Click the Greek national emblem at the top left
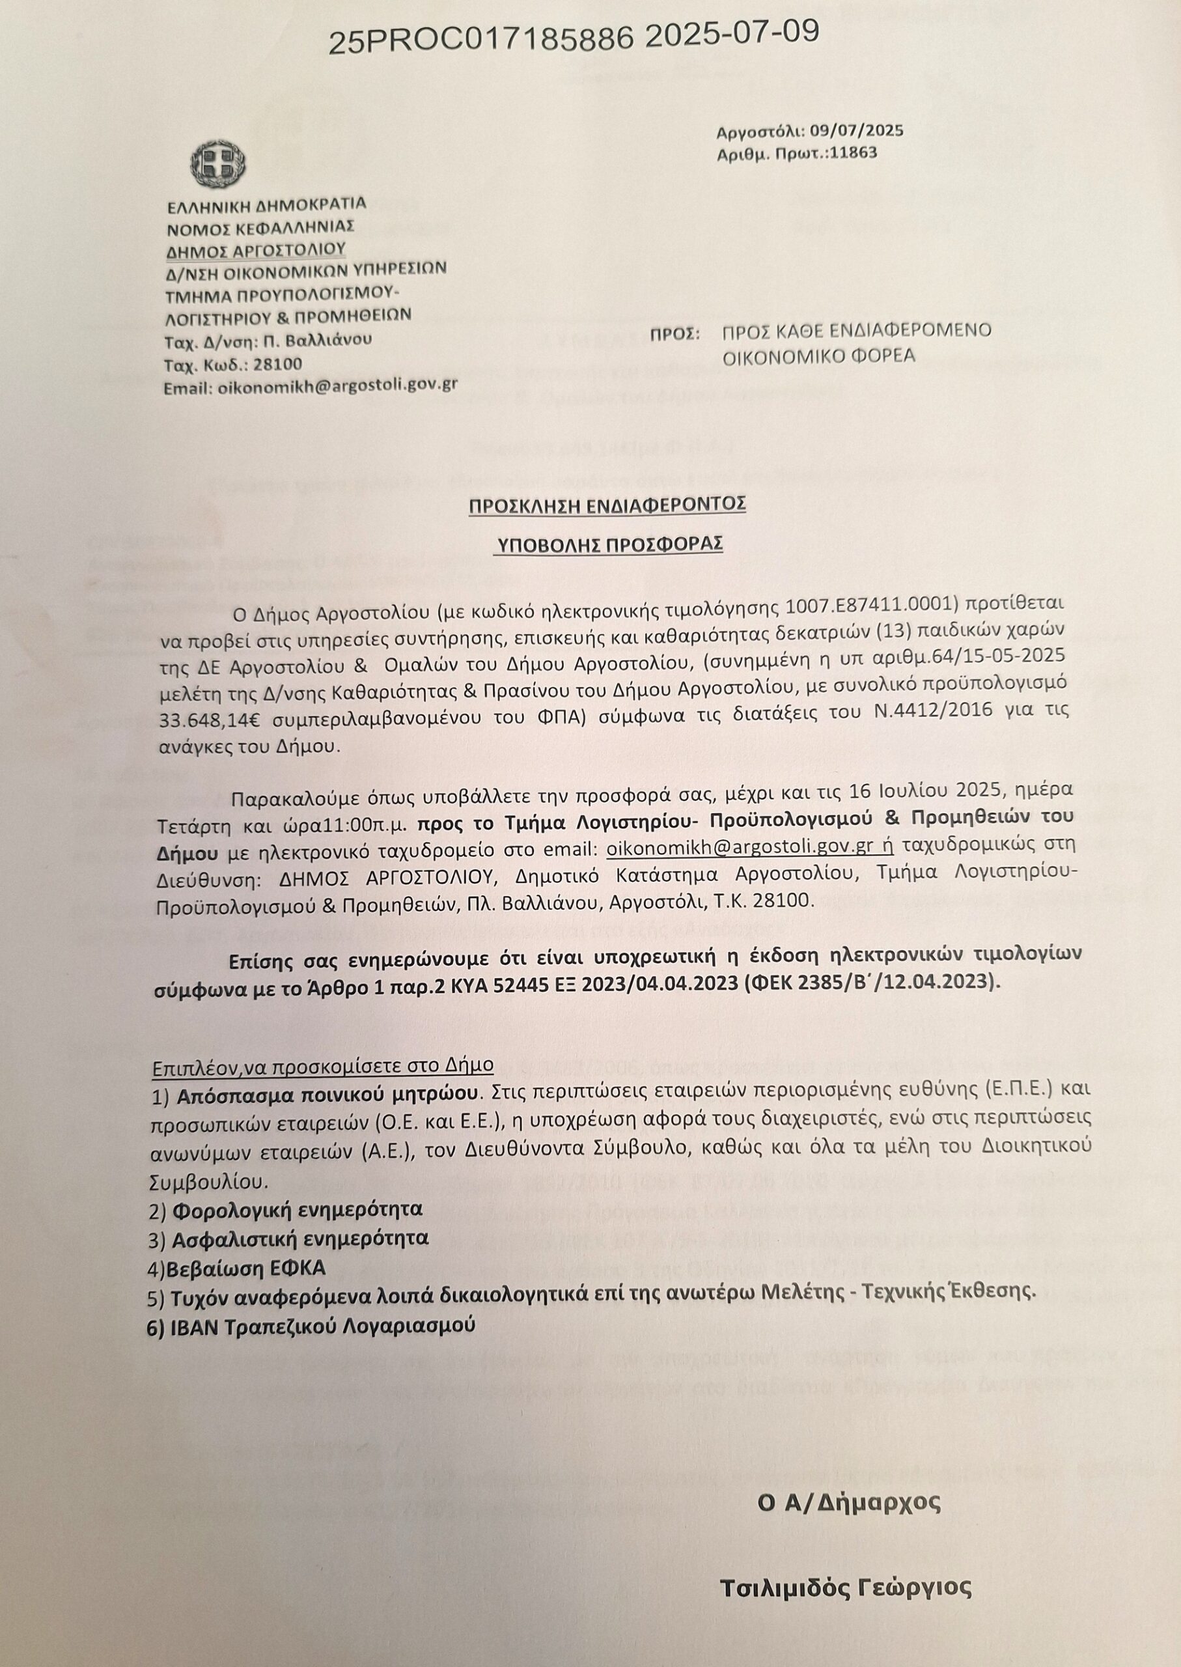coord(218,163)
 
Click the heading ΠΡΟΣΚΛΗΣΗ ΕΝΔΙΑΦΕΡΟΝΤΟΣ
coord(607,505)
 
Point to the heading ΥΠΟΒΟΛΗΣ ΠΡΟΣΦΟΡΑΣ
coord(607,545)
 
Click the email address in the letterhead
coord(335,385)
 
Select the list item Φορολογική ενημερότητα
coord(287,1211)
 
